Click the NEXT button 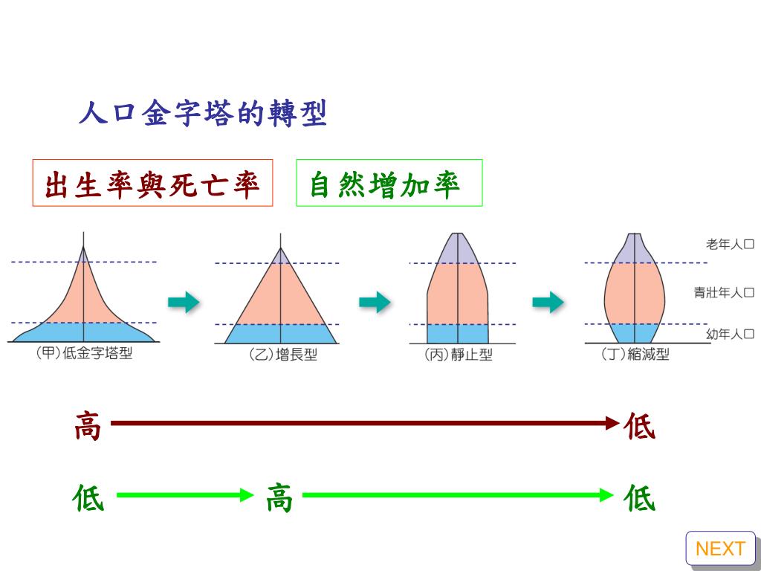pyautogui.click(x=720, y=549)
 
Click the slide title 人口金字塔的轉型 pyautogui.click(x=203, y=114)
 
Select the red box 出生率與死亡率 pyautogui.click(x=152, y=183)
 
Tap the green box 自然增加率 pyautogui.click(x=389, y=183)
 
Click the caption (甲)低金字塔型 pyautogui.click(x=84, y=354)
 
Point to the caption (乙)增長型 pyautogui.click(x=282, y=355)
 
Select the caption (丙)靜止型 pyautogui.click(x=458, y=355)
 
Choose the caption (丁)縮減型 pyautogui.click(x=635, y=355)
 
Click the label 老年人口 pyautogui.click(x=730, y=244)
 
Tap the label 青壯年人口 pyautogui.click(x=724, y=293)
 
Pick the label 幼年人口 pyautogui.click(x=730, y=335)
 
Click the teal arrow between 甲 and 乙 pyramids pyautogui.click(x=184, y=302)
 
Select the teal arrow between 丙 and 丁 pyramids pyautogui.click(x=548, y=302)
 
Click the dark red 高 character pyautogui.click(x=88, y=427)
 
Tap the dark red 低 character pyautogui.click(x=639, y=427)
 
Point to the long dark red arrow pyautogui.click(x=364, y=424)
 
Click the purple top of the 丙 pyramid pyautogui.click(x=458, y=250)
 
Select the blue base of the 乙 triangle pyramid pyautogui.click(x=281, y=333)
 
